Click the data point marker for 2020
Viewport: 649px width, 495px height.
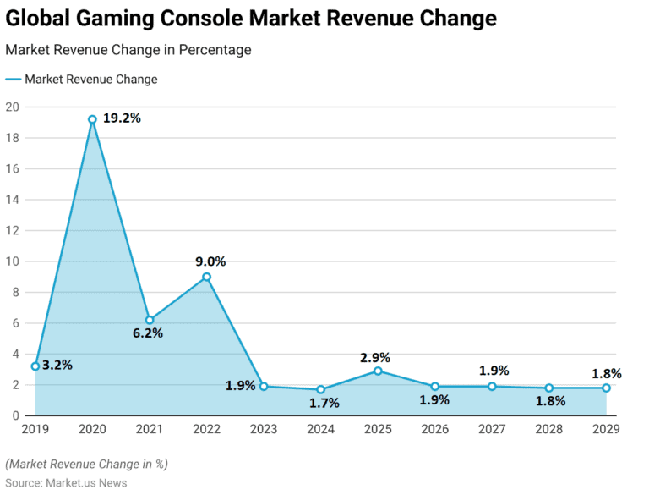coord(92,119)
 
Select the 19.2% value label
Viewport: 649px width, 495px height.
coord(122,118)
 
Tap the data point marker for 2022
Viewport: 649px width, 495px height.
coord(206,277)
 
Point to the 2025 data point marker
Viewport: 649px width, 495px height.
coord(378,371)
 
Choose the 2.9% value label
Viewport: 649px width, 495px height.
coord(374,358)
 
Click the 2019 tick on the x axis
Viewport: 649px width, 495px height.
coord(35,429)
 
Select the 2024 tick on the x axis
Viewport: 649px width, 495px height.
coord(320,429)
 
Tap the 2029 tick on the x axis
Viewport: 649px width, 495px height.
coord(605,429)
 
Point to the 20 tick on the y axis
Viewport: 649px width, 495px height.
coord(12,107)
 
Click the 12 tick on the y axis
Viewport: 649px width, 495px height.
coord(12,230)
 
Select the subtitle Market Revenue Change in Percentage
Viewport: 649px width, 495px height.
coord(128,50)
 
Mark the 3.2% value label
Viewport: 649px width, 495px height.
coord(57,366)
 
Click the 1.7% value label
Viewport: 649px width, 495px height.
coord(323,403)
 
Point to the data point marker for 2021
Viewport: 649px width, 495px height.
coord(150,320)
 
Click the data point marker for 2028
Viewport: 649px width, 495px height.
coord(548,388)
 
